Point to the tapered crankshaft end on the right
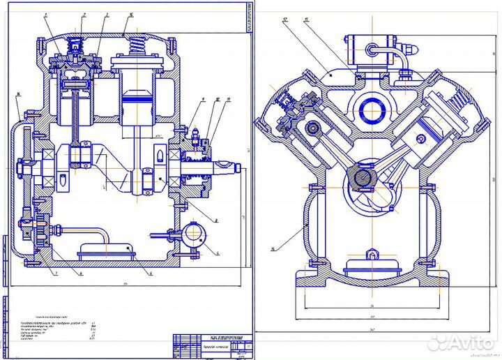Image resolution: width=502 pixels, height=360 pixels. coord(229,169)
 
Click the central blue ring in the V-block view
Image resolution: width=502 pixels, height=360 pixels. coord(372,110)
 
